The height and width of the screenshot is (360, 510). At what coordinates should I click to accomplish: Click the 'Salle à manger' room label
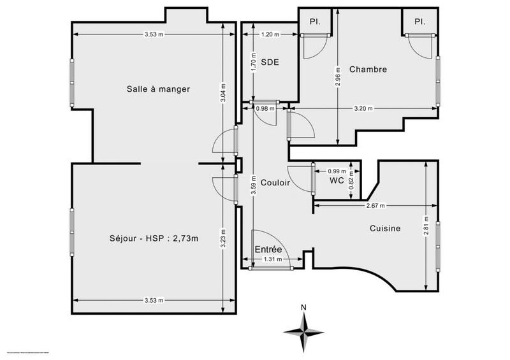coord(157,89)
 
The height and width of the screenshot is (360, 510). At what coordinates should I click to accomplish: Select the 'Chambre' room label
coord(368,69)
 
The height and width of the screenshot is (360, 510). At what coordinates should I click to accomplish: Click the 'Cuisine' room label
coord(384,227)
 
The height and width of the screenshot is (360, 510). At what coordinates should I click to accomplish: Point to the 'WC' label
coord(337,181)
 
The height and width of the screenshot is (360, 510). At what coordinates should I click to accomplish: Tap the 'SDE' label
coord(270,62)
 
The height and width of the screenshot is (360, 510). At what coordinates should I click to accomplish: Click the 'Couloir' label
coord(275,182)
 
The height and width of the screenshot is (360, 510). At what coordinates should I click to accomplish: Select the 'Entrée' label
coord(268,250)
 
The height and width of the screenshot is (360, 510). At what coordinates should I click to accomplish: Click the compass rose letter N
coord(304,307)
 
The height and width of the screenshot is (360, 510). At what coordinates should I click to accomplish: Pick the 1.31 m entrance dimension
coord(272,259)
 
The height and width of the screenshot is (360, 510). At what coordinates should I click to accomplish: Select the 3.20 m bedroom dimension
coord(364,108)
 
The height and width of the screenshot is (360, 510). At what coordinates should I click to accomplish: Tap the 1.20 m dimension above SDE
coord(270,34)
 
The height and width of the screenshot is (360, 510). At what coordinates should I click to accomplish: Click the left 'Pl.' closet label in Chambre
coord(314,21)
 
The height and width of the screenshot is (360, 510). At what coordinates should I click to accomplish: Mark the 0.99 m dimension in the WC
coord(337,171)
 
